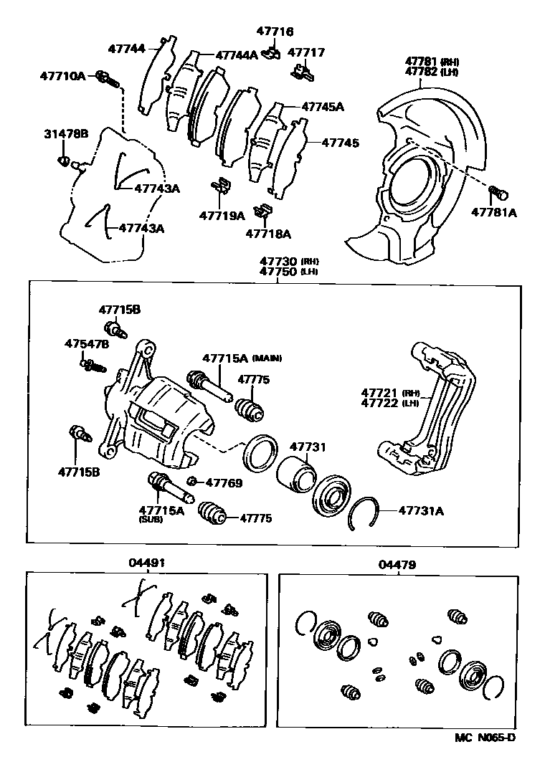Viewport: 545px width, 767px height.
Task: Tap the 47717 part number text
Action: [305, 52]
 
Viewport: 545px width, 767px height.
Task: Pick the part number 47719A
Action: [222, 215]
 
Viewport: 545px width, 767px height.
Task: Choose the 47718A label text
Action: [268, 233]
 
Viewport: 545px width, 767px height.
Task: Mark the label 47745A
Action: [322, 107]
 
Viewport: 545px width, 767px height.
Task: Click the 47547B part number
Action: [87, 344]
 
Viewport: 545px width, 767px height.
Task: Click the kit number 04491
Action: [147, 563]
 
